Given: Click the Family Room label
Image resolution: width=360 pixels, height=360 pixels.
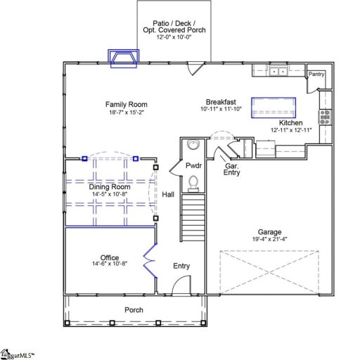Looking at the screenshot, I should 126,104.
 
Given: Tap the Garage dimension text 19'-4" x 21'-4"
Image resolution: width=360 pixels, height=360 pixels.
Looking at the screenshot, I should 269,239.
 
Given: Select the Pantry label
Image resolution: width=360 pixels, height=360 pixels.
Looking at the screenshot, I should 316,72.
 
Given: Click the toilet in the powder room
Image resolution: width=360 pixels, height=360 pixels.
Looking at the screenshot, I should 194,184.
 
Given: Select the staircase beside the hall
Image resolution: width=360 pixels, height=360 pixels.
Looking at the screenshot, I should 192,218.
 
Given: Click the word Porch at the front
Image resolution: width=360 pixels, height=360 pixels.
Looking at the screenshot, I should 134,310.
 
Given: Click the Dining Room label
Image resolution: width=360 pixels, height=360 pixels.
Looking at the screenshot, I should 110,186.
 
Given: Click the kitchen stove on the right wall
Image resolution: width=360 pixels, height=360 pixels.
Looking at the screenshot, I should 324,117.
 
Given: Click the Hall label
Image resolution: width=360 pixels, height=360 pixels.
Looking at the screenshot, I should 168,194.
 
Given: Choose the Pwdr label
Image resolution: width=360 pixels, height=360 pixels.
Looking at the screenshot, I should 194,166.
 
